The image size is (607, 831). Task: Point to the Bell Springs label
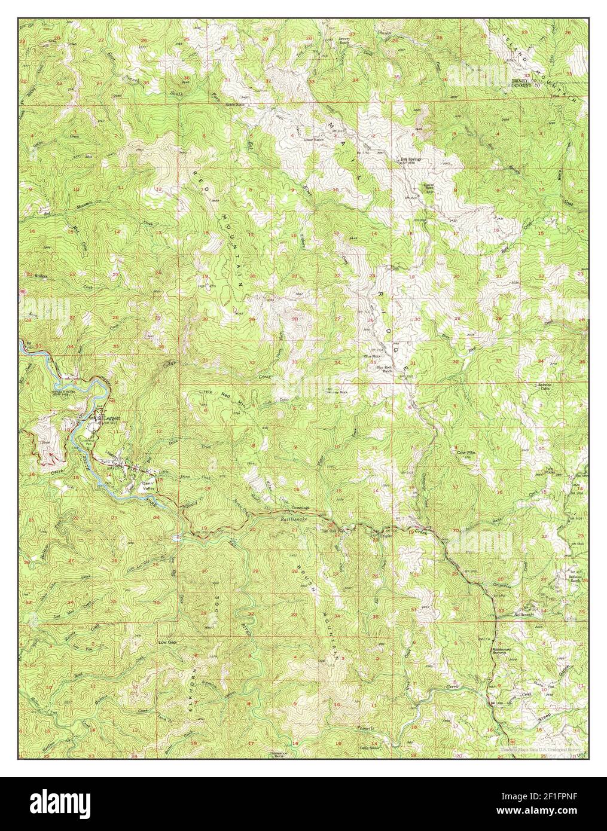pos(411,160)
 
